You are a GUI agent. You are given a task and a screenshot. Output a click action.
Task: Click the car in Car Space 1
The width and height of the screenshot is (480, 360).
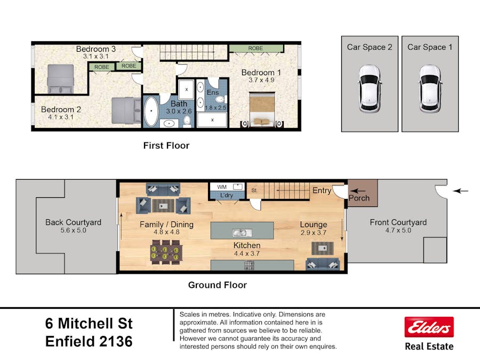click(430, 89)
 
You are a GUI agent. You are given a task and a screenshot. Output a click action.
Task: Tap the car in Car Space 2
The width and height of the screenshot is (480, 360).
click(370, 89)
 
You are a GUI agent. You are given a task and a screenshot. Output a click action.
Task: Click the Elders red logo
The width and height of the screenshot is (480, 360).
click(429, 327)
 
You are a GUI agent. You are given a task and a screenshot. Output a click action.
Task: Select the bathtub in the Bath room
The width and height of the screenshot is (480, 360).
click(151, 111)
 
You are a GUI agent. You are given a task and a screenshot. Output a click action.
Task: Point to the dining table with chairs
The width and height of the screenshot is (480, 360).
click(166, 252)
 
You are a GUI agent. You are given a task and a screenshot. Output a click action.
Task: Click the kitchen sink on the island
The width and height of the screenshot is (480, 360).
click(242, 233)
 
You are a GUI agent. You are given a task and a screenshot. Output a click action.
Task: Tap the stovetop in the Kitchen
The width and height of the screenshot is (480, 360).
click(249, 266)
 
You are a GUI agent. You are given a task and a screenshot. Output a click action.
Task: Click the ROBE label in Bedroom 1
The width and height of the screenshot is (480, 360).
click(255, 49)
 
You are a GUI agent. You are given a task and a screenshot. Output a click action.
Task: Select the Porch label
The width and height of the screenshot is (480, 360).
click(359, 198)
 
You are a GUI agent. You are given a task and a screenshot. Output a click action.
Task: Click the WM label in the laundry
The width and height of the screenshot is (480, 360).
click(222, 187)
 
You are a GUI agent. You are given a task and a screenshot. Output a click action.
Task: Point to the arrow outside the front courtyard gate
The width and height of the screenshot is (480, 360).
click(460, 191)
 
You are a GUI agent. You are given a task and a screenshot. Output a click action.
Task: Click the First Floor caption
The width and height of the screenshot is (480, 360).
click(166, 146)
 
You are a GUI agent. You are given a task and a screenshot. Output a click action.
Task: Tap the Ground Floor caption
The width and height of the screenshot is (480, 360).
click(218, 285)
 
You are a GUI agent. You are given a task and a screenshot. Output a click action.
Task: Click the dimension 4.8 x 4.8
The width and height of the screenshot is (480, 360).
click(166, 232)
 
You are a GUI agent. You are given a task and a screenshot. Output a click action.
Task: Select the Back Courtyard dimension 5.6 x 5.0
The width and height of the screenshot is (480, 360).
click(73, 230)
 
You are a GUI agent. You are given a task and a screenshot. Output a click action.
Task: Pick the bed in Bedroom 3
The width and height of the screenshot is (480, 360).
click(60, 79)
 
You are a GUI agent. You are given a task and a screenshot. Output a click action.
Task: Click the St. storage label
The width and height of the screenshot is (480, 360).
click(254, 190)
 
